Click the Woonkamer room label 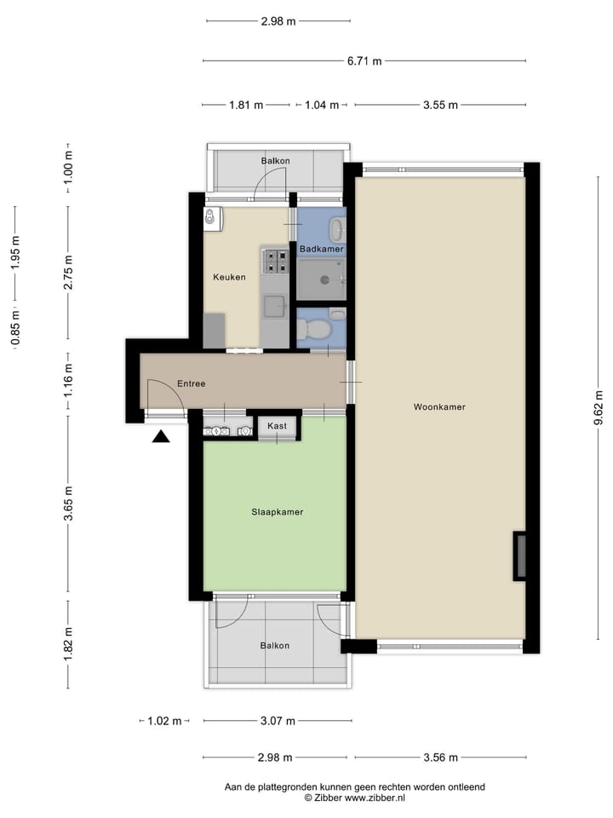coord(439,407)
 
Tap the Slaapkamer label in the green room coord(278,512)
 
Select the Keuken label coord(229,277)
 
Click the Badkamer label coord(322,249)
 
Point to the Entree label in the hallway coord(192,384)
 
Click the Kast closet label coord(277,425)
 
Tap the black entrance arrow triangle coord(161,437)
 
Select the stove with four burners coord(275,260)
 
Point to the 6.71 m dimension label coord(364,60)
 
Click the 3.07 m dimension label coord(277,721)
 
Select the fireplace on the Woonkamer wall coord(519,556)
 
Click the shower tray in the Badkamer coord(321,279)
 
